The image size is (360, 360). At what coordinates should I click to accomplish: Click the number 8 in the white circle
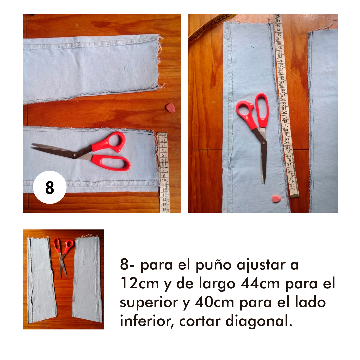pos(50,187)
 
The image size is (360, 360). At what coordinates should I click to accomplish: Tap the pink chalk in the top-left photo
pos(170,108)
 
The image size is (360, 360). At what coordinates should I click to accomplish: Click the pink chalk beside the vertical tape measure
pos(276,199)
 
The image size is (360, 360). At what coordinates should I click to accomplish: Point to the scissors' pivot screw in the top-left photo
pos(74,156)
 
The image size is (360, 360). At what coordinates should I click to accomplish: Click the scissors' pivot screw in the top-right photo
pos(263,143)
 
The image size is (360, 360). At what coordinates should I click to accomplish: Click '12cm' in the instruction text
pos(140,283)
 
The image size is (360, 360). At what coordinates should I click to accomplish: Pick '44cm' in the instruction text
pos(260,283)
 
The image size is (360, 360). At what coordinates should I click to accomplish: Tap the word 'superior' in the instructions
pos(149,303)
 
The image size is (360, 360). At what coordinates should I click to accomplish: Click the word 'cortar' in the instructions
pos(200,321)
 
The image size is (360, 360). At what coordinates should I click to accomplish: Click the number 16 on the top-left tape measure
pos(164,209)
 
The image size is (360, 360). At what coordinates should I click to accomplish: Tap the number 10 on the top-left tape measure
pos(163,180)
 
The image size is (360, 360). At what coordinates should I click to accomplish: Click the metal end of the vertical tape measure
pos(295,195)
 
